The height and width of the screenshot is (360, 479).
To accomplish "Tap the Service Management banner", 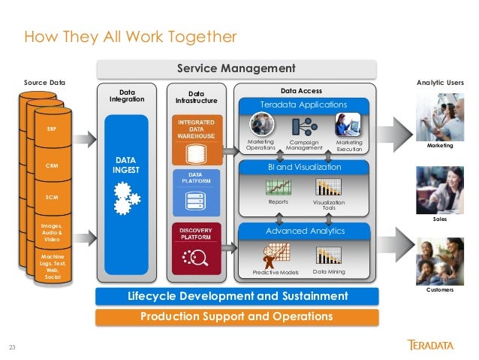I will (236, 68).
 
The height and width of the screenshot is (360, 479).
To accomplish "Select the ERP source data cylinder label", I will (51, 129).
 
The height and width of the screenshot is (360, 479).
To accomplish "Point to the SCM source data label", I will (51, 196).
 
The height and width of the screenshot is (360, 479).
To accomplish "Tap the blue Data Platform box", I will (197, 191).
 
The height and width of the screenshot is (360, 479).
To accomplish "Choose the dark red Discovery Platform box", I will (197, 249).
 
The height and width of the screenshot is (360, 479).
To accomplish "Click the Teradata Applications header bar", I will (303, 104).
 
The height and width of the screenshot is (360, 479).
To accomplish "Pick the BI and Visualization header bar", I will (303, 168).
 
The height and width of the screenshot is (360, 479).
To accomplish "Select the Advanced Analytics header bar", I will (303, 230).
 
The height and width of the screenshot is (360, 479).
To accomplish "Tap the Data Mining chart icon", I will (329, 255).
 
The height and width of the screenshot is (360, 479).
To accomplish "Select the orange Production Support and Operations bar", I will (236, 316).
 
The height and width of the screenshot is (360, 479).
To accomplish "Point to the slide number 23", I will (11, 347).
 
